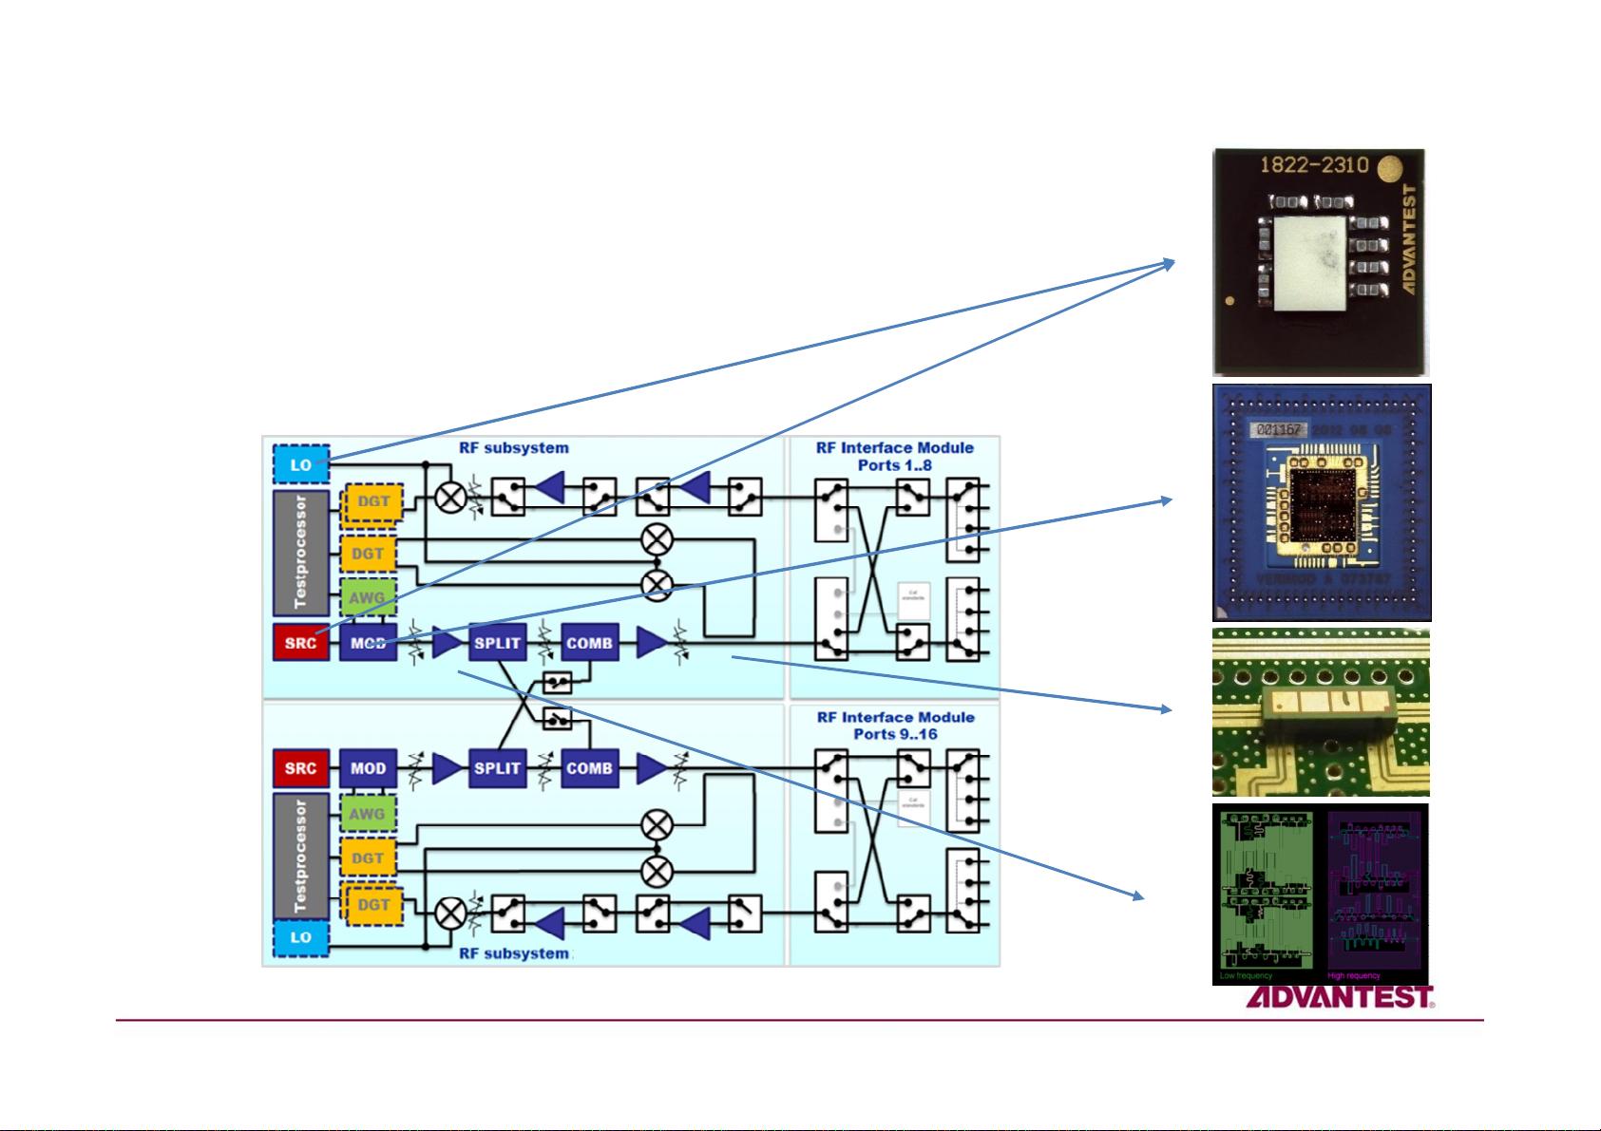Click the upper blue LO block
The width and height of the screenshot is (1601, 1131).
300,464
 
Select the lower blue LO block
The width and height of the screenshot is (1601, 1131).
300,936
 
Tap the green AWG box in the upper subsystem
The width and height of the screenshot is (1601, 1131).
367,598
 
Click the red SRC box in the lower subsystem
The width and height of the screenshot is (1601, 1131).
300,768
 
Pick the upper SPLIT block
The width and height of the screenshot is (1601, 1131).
497,643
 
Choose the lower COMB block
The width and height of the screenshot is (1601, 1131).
589,768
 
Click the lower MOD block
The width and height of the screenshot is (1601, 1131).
368,768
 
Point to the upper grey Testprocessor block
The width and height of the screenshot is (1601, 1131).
301,552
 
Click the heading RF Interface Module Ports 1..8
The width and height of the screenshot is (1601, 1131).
894,456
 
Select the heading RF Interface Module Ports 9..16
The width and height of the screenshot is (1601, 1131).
895,726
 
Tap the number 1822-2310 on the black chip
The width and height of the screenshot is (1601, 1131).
1313,165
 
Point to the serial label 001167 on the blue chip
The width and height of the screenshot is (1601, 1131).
1278,429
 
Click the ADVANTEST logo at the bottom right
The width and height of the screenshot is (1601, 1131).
1339,998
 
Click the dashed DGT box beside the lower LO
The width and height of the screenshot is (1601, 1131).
372,905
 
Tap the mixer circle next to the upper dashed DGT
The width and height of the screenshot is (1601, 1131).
450,497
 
